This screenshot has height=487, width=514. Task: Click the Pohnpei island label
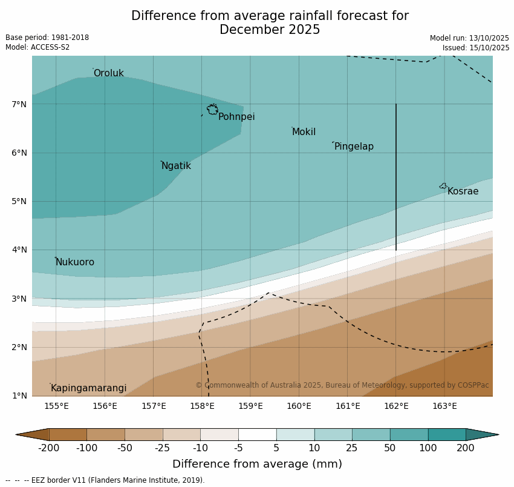(236, 117)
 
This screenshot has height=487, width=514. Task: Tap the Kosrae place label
(463, 191)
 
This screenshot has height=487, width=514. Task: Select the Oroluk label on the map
(108, 73)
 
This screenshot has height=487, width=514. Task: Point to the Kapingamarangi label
(88, 388)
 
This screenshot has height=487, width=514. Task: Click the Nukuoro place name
(75, 262)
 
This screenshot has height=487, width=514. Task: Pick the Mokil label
(304, 132)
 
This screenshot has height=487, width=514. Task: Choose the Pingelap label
(354, 147)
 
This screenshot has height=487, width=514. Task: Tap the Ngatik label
(176, 166)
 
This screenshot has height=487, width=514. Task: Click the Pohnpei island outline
(212, 110)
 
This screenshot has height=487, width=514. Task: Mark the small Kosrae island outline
(443, 186)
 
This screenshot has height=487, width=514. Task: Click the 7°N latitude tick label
(19, 104)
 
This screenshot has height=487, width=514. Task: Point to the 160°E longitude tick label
(299, 406)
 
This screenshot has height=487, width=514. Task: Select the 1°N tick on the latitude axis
(19, 396)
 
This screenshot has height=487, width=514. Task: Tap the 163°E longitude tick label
(444, 406)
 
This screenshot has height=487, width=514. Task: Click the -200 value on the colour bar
(48, 448)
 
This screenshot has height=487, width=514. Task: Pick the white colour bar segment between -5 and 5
(257, 434)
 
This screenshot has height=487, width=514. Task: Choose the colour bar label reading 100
(428, 448)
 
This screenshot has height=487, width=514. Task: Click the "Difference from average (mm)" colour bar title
(257, 465)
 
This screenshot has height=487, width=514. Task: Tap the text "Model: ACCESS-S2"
(37, 47)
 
